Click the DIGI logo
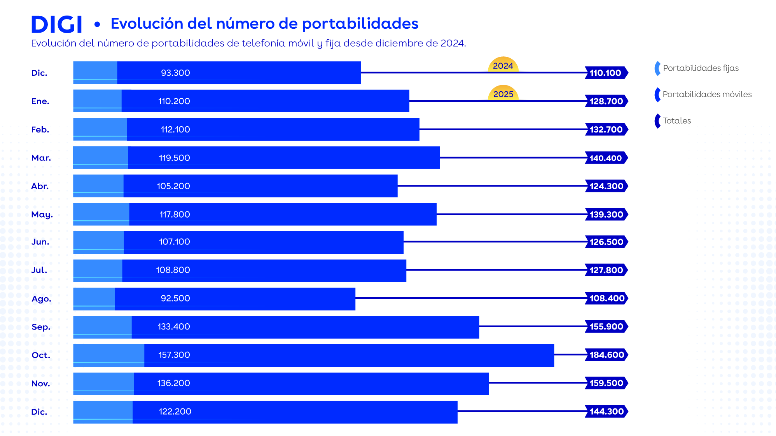pos(57,24)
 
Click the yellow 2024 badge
pos(503,65)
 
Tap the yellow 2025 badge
pos(503,94)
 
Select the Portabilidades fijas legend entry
pos(700,68)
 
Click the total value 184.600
pos(606,355)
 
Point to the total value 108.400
pos(606,298)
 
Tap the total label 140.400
pos(606,158)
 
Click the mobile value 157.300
pos(174,355)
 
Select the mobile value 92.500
pos(175,298)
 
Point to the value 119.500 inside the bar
pos(175,158)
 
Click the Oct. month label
pos(41,355)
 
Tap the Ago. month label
pos(41,299)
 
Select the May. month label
pos(42,215)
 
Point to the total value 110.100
pos(605,73)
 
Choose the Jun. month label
pos(40,242)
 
